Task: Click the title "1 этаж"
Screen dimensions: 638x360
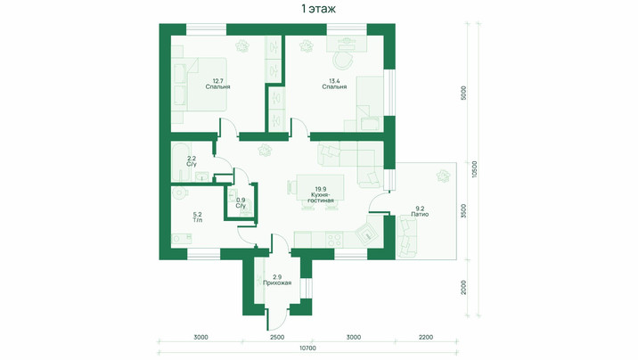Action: (x=319, y=9)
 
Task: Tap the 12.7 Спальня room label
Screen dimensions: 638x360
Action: (x=217, y=84)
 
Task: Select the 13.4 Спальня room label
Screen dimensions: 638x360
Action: (x=334, y=84)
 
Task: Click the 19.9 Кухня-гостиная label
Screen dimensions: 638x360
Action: (x=321, y=194)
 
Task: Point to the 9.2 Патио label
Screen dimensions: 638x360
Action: (x=420, y=210)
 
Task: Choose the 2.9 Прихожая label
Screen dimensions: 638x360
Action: (x=277, y=280)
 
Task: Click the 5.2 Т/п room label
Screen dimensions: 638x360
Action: (x=197, y=217)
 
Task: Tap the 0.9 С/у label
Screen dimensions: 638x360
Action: (x=241, y=203)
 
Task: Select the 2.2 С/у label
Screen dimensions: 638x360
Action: (x=192, y=161)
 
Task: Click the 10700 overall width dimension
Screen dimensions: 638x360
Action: (x=307, y=348)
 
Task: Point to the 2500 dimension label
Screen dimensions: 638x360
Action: (x=277, y=337)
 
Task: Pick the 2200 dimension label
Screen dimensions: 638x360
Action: (x=426, y=337)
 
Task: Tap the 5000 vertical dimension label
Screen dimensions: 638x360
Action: (x=464, y=94)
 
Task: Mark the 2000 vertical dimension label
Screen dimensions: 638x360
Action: (x=464, y=288)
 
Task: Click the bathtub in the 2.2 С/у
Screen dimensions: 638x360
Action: (x=181, y=162)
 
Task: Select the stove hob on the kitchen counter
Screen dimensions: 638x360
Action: (x=334, y=240)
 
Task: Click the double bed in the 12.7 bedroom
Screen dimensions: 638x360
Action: (x=200, y=84)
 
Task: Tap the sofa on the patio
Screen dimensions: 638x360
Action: (x=406, y=237)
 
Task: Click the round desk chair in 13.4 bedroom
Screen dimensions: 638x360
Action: (x=342, y=61)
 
